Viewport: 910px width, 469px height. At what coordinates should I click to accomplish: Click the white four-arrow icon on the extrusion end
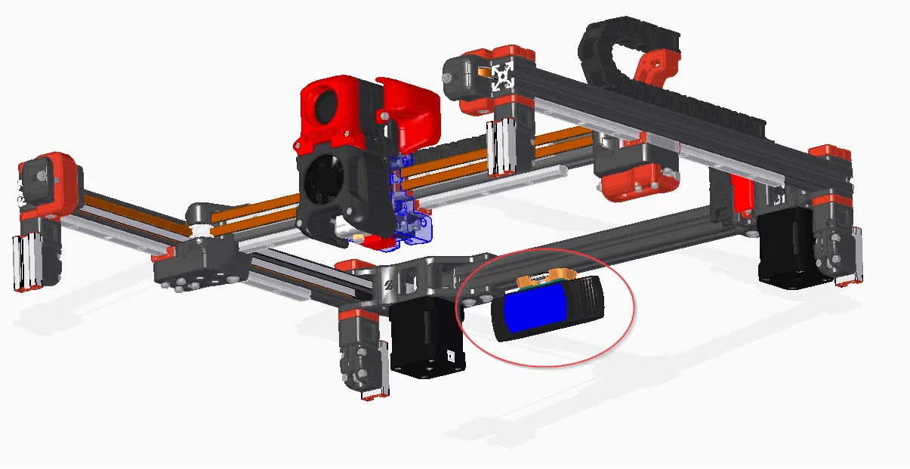click(503, 76)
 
